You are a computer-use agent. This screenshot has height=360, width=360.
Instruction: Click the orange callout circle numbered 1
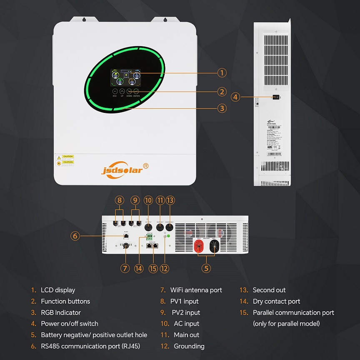[x=222, y=72]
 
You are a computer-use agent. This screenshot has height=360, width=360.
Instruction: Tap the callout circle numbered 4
[x=236, y=97]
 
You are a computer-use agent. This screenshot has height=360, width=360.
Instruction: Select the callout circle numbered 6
[x=75, y=236]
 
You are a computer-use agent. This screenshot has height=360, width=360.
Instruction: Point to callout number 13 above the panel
[x=170, y=200]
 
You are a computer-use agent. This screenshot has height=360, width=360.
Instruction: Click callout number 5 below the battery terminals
[x=206, y=268]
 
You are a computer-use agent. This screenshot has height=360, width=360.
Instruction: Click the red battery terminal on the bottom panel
[x=197, y=245]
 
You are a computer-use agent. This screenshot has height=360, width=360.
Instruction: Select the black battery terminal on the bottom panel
[x=214, y=245]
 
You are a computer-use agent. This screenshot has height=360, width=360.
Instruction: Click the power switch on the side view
[x=275, y=97]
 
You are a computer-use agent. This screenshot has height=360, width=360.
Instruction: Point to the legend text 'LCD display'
[x=58, y=290]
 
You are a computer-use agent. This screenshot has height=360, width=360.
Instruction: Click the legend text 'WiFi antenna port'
[x=196, y=290]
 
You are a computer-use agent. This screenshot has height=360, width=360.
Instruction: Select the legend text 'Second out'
[x=269, y=290]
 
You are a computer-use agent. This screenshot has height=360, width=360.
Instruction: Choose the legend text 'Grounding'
[x=189, y=346]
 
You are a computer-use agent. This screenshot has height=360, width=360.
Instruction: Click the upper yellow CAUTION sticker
[x=67, y=157]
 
